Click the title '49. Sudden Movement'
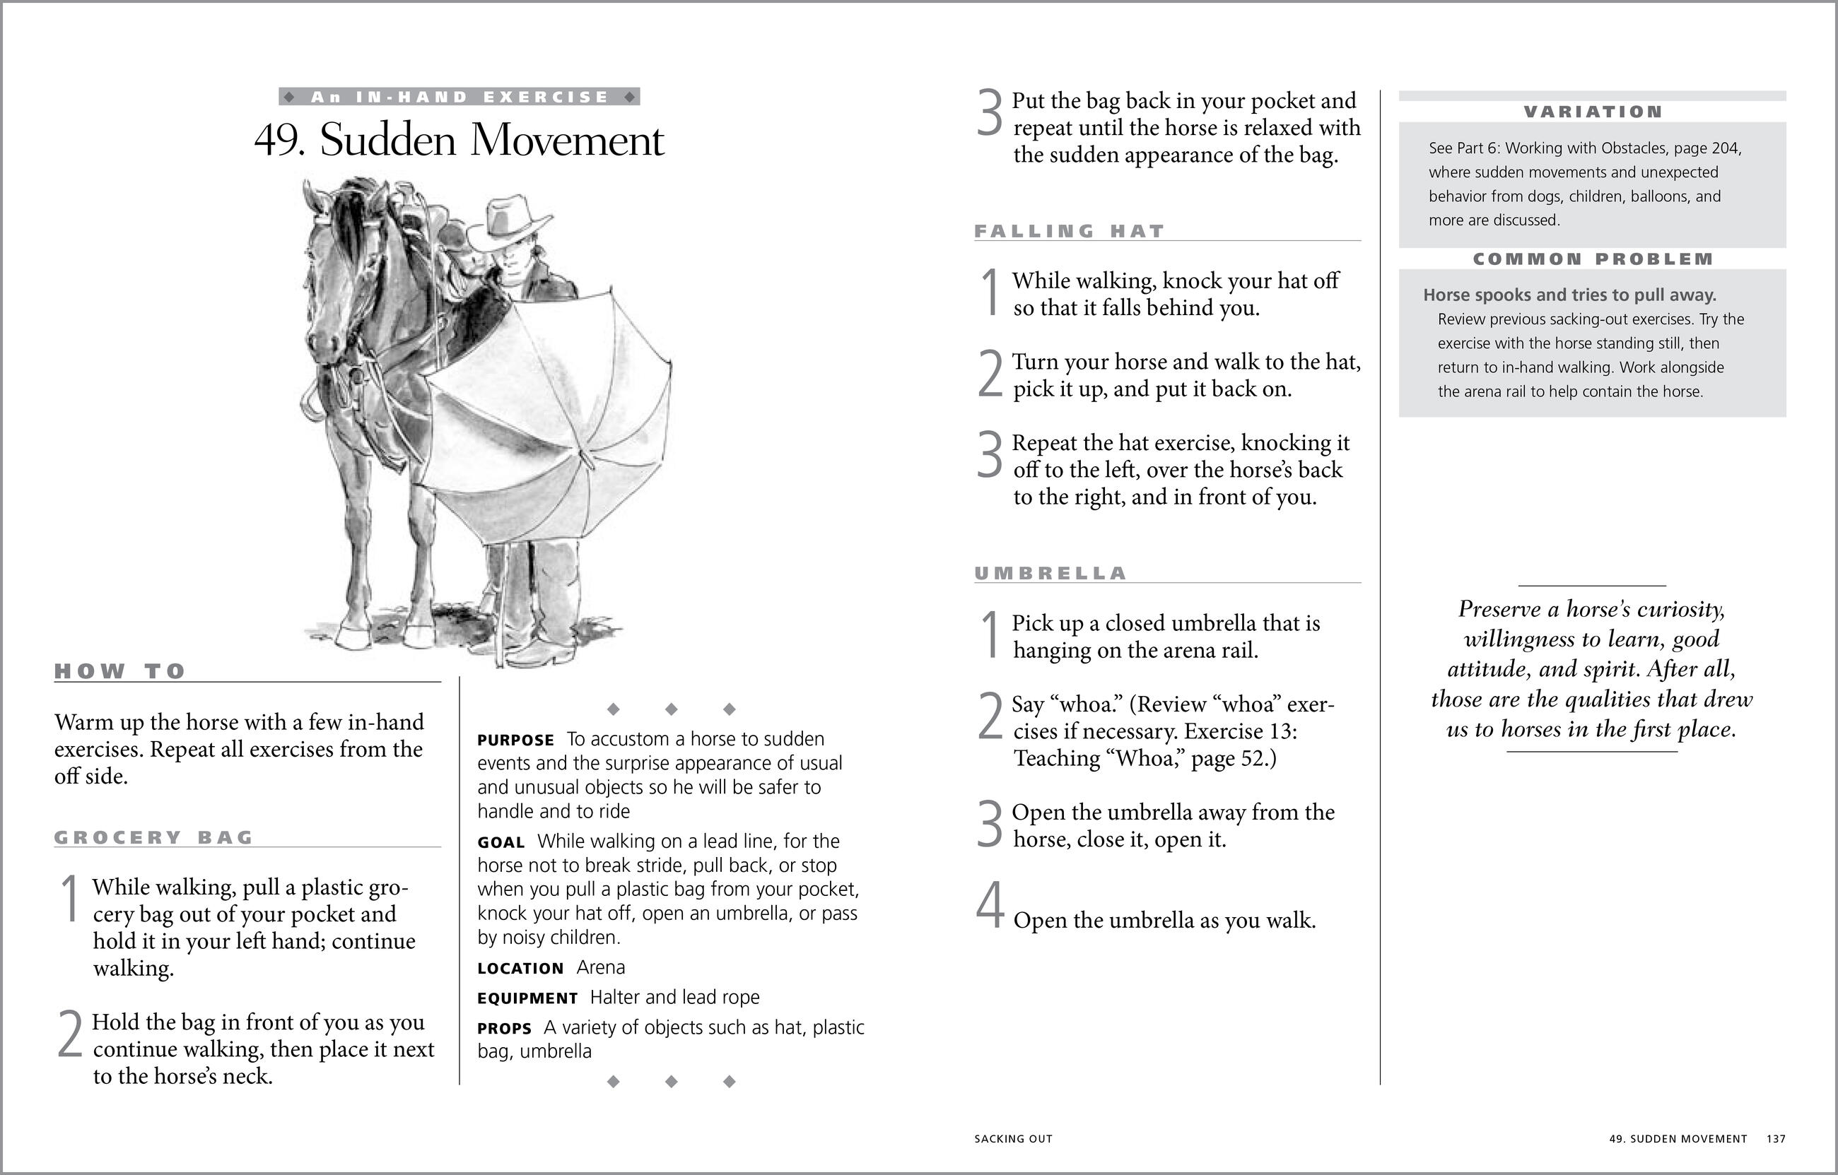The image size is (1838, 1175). [459, 141]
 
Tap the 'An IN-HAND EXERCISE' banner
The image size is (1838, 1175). [459, 97]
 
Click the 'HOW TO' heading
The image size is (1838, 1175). [120, 671]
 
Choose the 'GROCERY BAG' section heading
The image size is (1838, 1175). [153, 838]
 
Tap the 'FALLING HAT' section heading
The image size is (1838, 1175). [1070, 231]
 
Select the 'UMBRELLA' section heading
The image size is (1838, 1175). [1050, 574]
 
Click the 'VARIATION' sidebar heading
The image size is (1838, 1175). [1593, 112]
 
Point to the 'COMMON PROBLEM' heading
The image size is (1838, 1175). [1593, 259]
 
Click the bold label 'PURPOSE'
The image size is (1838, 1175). [516, 740]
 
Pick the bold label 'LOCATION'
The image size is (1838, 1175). [520, 969]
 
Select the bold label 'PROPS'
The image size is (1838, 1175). [504, 1029]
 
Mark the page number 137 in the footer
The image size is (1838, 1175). [1775, 1139]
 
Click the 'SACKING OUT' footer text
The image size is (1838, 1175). [1013, 1139]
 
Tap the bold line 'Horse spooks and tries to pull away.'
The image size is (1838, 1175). [1569, 295]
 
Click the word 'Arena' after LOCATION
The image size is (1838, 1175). [601, 967]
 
